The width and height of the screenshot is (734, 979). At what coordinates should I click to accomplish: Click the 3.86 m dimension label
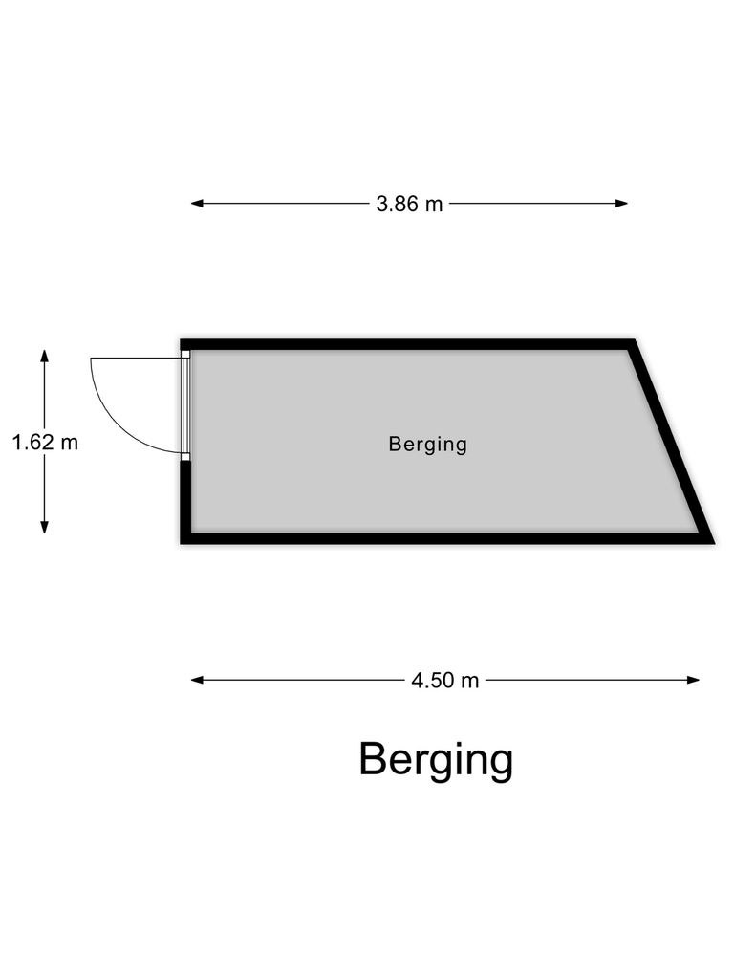point(409,204)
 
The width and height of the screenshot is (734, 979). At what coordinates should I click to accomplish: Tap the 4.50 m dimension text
point(445,680)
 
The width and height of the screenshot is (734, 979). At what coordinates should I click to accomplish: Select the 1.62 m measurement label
point(45,443)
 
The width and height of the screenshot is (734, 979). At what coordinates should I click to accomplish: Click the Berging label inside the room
point(427,445)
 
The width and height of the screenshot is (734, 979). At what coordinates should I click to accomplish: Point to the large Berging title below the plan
point(436,760)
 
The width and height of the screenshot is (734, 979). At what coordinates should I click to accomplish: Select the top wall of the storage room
point(407,344)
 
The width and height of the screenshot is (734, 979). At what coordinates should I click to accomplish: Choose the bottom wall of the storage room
point(447,539)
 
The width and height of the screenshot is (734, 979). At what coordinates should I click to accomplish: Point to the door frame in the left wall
point(185,405)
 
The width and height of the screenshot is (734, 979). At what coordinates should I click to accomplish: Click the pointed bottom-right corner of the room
point(715,543)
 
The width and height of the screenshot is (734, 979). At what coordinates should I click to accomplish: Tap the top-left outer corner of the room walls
point(181,339)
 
